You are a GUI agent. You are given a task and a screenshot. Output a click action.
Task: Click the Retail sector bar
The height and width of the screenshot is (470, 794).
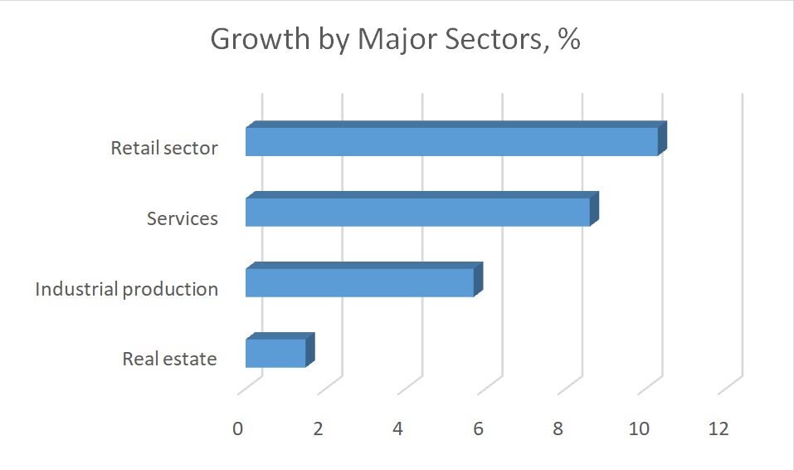pos(452,141)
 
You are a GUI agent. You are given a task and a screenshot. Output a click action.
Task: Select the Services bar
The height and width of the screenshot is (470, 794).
pos(418,212)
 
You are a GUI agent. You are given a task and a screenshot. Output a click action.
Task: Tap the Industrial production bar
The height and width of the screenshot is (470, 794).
pos(360,282)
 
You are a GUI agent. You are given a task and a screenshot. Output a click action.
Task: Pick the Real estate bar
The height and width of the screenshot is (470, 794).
pos(276,353)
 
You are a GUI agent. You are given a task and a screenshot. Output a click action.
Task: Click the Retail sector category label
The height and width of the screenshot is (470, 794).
pos(164,149)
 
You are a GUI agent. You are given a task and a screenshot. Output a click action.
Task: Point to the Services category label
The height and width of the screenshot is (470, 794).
pos(183,219)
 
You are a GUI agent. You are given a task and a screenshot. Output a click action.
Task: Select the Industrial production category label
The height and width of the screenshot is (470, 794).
pos(126,290)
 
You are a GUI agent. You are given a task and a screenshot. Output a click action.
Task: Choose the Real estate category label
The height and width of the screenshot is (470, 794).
pos(169,360)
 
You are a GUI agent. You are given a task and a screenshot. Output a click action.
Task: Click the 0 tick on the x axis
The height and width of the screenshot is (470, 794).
pos(238,428)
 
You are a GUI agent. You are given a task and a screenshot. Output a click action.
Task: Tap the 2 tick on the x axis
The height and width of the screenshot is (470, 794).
pos(318,428)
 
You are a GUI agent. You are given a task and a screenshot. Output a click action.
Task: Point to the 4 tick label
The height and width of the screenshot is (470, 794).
pos(398,428)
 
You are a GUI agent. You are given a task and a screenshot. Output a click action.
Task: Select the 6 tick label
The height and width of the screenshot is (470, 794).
pos(478,428)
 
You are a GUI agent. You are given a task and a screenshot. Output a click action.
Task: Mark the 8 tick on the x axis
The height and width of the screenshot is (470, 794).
pos(558,428)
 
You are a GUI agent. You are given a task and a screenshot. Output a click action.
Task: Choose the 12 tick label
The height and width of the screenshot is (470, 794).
pos(718,428)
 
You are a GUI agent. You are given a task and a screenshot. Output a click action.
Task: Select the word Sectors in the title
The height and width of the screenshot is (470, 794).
pos(490,40)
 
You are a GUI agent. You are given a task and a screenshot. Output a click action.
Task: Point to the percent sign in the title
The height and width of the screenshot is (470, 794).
pos(569,40)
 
